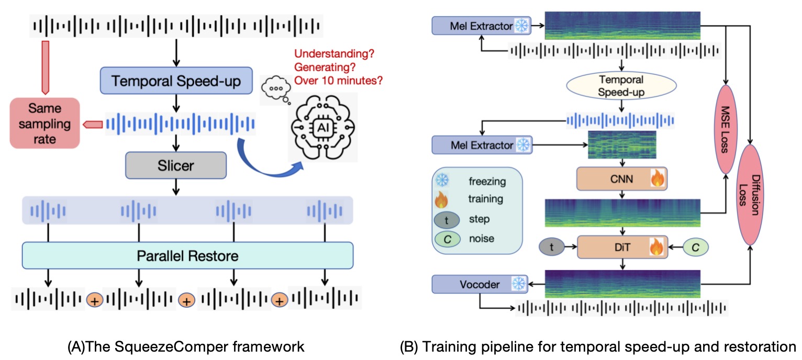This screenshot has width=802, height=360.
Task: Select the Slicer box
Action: (175, 166)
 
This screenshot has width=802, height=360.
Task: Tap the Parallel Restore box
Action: (187, 256)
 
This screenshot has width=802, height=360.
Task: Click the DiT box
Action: (620, 246)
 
